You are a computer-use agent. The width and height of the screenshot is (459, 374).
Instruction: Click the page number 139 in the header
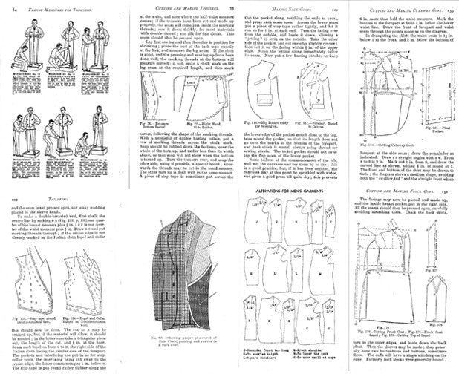451,7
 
